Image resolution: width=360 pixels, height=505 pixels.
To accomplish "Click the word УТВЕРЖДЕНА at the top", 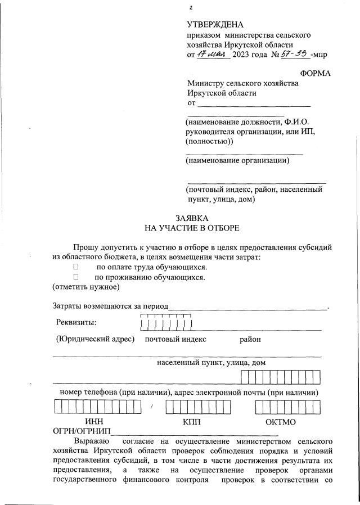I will [x=215, y=24].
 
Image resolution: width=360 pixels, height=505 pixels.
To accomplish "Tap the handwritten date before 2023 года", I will [x=211, y=55].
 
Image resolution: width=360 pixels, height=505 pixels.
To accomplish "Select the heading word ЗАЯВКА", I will [x=192, y=218].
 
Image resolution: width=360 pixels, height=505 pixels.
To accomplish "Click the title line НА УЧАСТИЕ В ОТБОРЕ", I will [x=192, y=228].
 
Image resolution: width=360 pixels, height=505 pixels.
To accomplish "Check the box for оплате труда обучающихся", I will [x=75, y=267].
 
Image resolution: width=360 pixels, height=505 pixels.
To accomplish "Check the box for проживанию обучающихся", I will [x=75, y=277].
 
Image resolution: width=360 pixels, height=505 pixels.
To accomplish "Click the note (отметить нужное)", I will [x=86, y=287].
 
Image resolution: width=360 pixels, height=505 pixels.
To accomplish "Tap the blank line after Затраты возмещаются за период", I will [x=247, y=307].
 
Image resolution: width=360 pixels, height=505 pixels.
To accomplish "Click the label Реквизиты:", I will [x=76, y=322].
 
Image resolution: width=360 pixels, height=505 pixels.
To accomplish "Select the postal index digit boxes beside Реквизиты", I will [x=166, y=323].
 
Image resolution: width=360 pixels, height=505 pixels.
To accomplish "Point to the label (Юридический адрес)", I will [x=94, y=339].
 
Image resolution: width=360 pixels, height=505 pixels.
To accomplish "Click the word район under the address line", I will [x=250, y=339].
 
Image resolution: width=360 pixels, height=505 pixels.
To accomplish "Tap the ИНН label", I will [x=93, y=421].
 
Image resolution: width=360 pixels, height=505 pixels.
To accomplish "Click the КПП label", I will [x=191, y=421].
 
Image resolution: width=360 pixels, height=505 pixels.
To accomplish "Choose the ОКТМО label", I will [x=281, y=421].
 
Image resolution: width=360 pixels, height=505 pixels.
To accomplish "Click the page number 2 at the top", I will [x=191, y=8].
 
